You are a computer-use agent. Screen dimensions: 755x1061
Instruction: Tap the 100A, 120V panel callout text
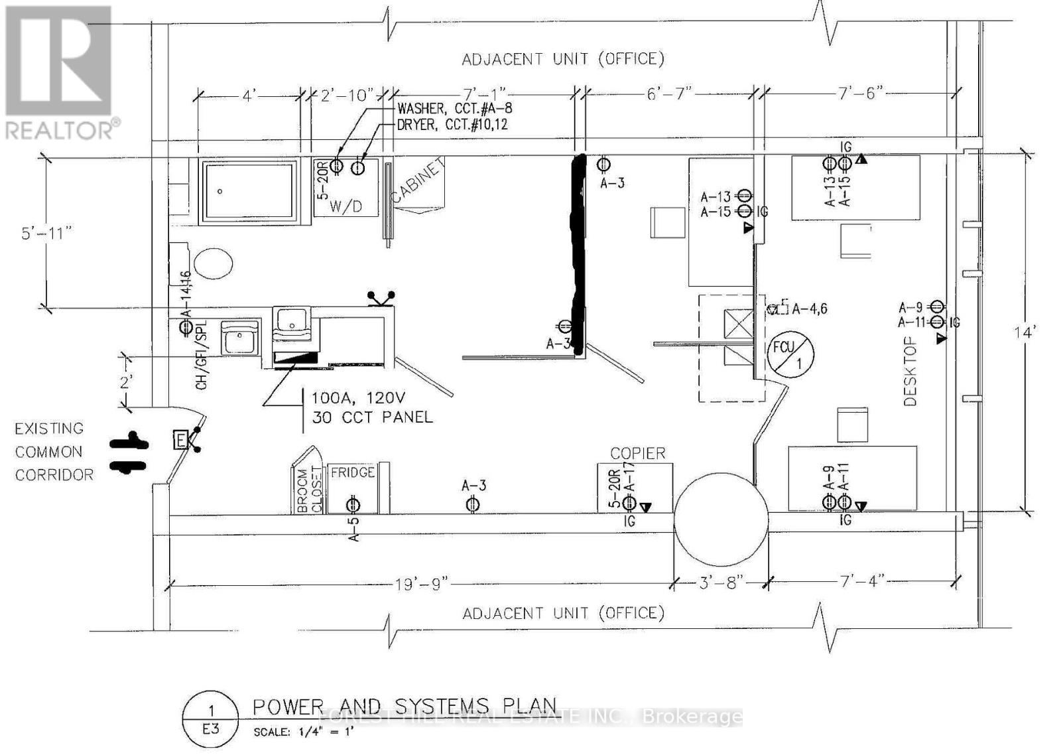point(371,407)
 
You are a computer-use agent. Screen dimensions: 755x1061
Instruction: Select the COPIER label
point(637,453)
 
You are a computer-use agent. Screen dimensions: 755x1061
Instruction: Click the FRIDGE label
point(352,472)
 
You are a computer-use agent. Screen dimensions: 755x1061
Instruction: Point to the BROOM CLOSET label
point(309,490)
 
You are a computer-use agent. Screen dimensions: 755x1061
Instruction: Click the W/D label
point(345,206)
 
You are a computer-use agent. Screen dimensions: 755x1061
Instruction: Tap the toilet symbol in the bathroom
point(213,263)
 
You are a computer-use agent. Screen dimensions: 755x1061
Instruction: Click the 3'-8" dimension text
point(722,583)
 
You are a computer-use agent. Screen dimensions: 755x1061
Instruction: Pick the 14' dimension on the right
point(1025,332)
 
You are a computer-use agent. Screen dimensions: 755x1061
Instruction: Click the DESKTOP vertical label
point(910,371)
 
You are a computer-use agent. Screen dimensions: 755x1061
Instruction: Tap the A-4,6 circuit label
point(809,309)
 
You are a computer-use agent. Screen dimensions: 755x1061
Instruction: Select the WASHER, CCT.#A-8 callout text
point(454,108)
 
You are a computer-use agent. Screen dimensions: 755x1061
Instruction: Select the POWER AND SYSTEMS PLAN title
point(405,706)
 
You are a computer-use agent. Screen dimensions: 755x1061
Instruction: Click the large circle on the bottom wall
point(721,517)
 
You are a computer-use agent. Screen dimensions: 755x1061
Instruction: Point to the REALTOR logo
point(60,73)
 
